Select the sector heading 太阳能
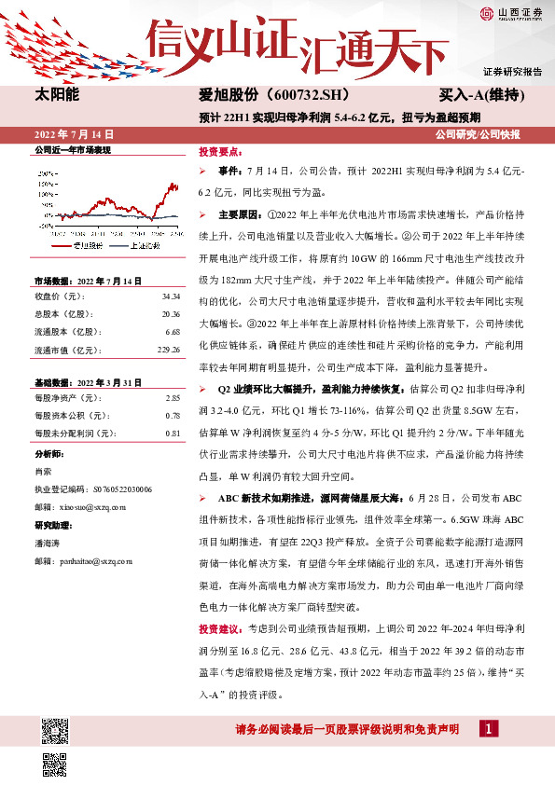57,95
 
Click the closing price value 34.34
170,296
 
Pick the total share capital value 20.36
170,313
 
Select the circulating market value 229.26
168,350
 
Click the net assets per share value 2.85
172,397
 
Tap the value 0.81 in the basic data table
172,433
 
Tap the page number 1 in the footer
486,728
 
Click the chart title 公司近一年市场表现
72,150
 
